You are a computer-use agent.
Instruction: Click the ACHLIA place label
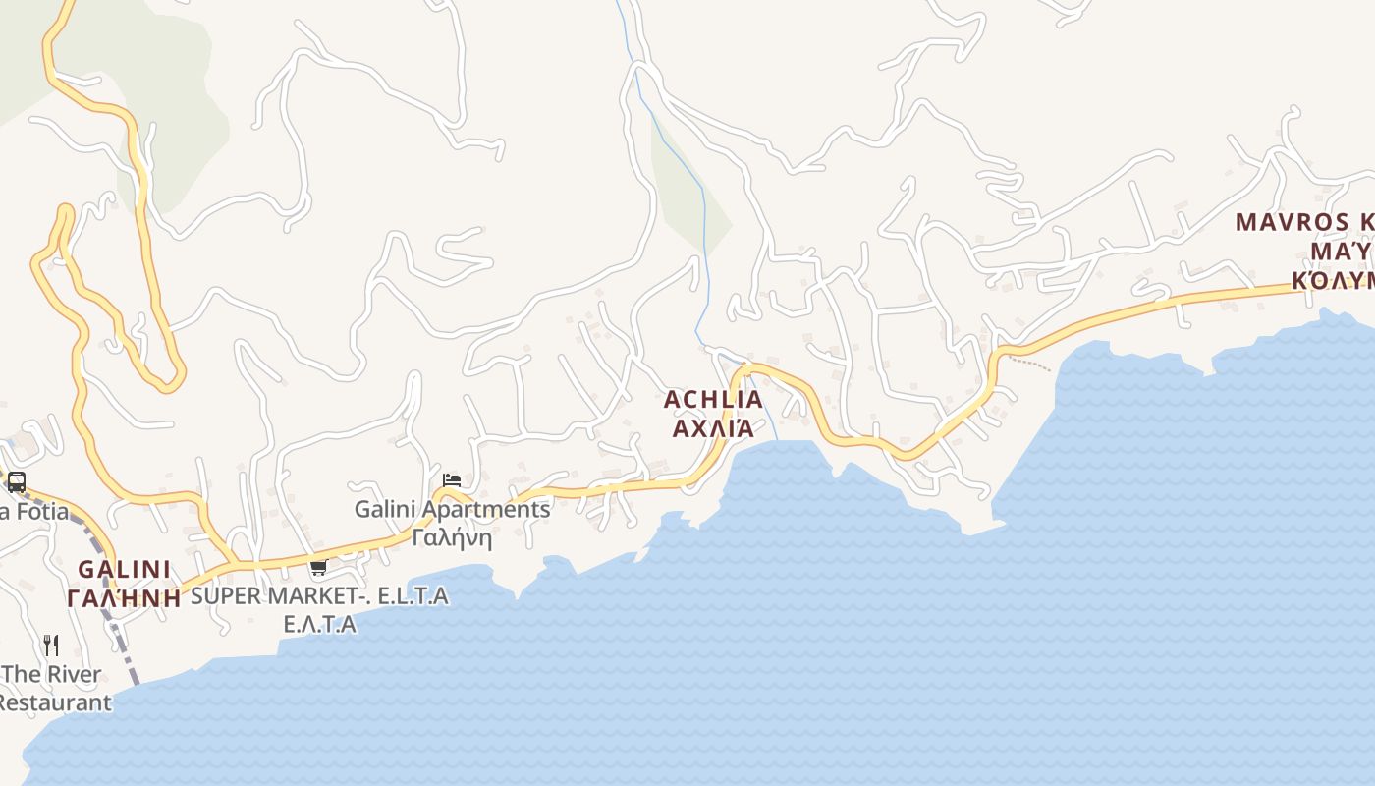(x=713, y=400)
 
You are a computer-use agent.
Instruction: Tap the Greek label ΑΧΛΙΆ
(x=713, y=428)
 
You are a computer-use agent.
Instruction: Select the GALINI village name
(x=124, y=570)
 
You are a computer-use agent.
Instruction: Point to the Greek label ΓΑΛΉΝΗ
(x=124, y=598)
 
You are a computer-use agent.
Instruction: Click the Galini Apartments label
(x=452, y=510)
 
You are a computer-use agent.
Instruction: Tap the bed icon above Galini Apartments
(x=452, y=480)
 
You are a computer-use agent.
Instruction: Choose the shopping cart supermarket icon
(x=318, y=567)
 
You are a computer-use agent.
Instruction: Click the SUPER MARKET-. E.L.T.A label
(x=319, y=595)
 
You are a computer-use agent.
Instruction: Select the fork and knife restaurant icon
(x=51, y=645)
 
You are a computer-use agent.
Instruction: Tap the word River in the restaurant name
(x=69, y=675)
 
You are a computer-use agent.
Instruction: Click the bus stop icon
(x=16, y=482)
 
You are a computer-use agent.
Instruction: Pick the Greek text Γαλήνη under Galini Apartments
(x=452, y=538)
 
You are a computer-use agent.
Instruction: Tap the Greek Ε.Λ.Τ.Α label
(x=319, y=624)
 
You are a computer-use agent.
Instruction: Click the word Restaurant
(x=54, y=703)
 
